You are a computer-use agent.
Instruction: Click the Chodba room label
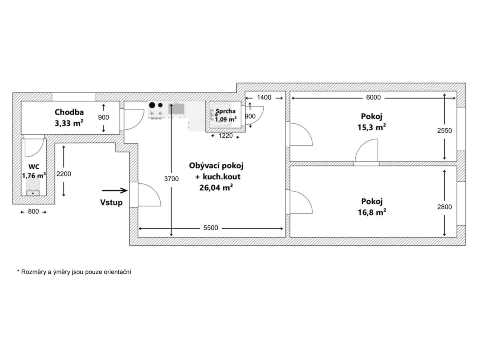click(x=69, y=112)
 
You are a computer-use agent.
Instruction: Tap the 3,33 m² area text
click(x=69, y=123)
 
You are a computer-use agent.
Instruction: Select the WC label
click(x=34, y=167)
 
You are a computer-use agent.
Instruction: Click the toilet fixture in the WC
click(x=33, y=187)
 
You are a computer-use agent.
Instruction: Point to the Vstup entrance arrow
click(x=115, y=191)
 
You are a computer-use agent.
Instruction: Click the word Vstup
click(x=111, y=202)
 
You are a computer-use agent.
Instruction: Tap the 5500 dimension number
click(x=210, y=228)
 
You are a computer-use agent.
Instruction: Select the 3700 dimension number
click(x=172, y=179)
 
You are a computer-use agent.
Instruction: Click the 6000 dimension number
click(x=374, y=97)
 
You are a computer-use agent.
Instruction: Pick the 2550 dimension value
click(x=444, y=130)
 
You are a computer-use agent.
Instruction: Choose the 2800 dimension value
click(x=444, y=207)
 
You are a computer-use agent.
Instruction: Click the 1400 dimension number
click(x=264, y=97)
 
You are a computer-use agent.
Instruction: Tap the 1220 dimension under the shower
click(x=226, y=136)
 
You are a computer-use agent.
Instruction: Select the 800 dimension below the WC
click(x=34, y=211)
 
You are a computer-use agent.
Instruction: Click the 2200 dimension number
click(x=64, y=174)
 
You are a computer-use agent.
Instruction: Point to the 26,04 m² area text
click(x=216, y=188)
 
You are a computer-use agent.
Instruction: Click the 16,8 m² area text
click(x=372, y=212)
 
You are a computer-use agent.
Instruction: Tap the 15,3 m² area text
click(x=372, y=127)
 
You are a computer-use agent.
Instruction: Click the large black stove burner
click(x=152, y=105)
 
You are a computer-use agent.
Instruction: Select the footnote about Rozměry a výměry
click(x=74, y=272)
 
